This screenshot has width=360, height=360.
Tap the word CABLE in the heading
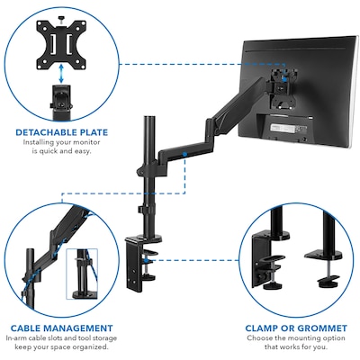(x=25, y=328)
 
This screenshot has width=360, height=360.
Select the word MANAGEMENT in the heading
(x=78, y=328)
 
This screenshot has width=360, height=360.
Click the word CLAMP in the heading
(x=261, y=328)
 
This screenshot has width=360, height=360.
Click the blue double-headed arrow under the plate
(x=61, y=73)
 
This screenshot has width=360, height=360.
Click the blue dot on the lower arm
(x=184, y=155)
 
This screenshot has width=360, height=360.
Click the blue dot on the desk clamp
(x=146, y=260)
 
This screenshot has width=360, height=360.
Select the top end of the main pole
(x=149, y=117)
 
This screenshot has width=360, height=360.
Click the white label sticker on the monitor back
(x=282, y=128)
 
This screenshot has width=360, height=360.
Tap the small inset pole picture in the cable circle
(x=82, y=274)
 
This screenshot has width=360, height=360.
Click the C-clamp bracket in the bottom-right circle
(x=268, y=258)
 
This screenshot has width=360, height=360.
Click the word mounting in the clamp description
(x=304, y=338)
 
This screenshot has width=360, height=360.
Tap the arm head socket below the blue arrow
(x=61, y=101)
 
